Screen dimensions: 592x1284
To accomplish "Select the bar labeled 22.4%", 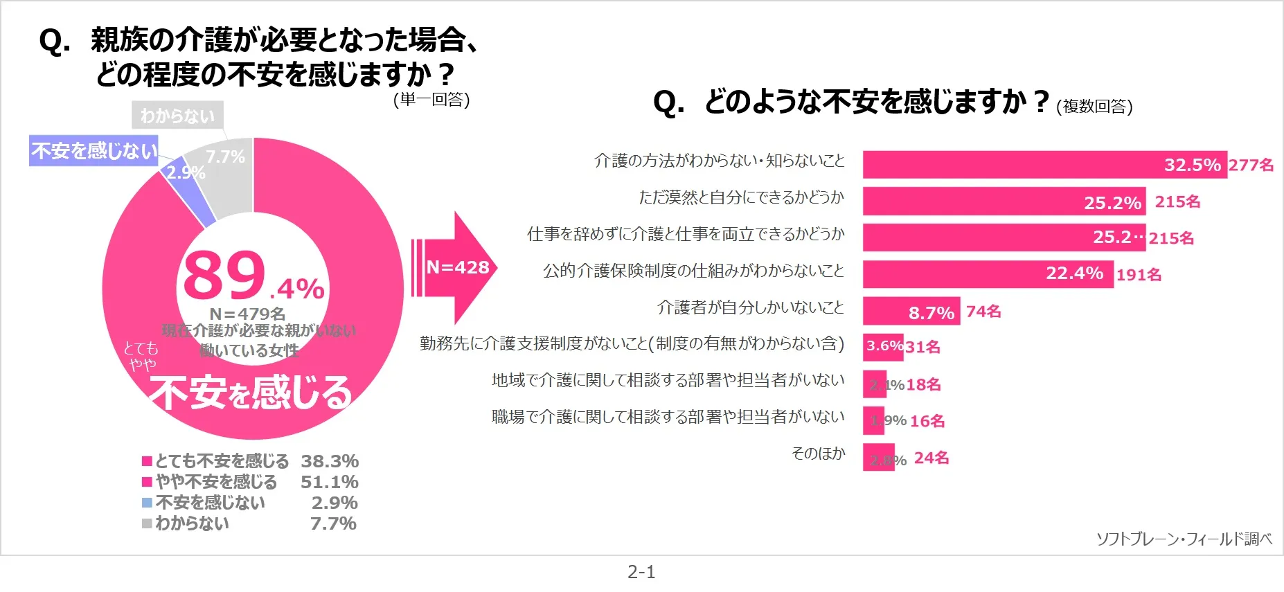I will point(987,274).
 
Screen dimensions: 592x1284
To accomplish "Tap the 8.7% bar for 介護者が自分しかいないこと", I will point(910,311).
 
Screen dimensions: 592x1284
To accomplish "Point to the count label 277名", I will point(1251,165).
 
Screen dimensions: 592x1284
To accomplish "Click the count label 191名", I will point(1139,275).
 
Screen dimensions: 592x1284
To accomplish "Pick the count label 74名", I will point(983,312).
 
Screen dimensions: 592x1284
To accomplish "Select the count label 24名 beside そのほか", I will point(931,458).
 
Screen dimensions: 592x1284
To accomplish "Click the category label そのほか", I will point(818,454).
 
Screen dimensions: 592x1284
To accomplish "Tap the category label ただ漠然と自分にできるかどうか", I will point(741,197).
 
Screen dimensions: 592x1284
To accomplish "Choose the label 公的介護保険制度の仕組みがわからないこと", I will point(693,271).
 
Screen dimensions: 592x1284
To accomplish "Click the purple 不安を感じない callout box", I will point(94,150).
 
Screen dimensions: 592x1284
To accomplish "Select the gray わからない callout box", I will point(177,116).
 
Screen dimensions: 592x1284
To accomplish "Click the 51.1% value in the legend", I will point(329,482).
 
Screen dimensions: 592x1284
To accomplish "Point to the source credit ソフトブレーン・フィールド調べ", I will point(1184,539).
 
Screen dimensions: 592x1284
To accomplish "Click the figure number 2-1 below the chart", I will point(641,572).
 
